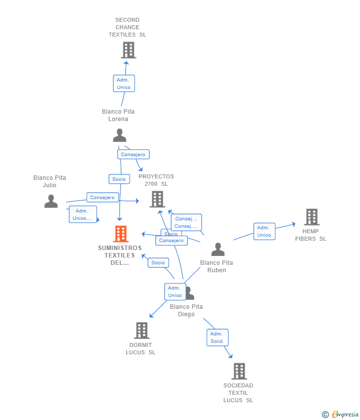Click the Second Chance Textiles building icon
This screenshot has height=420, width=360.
pos(128,50)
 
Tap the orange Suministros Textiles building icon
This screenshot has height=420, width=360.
pos(121,234)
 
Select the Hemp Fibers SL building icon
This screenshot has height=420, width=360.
pos(312,217)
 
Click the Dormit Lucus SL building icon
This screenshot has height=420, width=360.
pos(141,331)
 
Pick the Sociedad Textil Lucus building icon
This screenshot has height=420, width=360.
pos(239,371)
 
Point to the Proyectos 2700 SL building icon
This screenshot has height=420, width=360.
pos(157,199)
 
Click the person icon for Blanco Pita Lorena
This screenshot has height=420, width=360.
pos(119,135)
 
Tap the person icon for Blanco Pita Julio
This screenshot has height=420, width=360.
pos(51,201)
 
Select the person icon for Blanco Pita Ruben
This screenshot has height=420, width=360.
pos(218,250)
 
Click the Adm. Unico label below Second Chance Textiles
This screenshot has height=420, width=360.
pos(124,84)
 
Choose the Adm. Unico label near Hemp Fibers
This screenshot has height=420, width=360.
pos(264,231)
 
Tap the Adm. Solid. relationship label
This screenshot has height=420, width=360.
pos(217,337)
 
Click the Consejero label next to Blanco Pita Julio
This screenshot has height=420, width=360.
pos(102,198)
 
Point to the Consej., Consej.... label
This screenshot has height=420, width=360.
pos(186,222)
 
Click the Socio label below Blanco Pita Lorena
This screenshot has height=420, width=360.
pos(119,179)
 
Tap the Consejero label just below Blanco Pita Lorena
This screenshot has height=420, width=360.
pos(133,154)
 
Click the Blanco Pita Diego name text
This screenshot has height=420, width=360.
pos(186,310)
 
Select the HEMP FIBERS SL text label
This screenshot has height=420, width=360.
pos(311,235)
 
